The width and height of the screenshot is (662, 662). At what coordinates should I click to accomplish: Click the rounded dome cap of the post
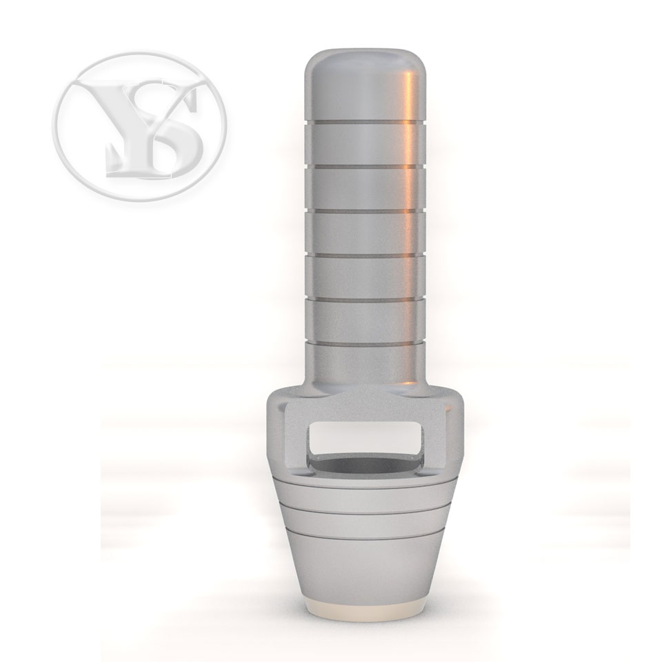tap(365, 84)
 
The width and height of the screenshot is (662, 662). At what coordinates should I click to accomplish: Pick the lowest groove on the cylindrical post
tap(365, 344)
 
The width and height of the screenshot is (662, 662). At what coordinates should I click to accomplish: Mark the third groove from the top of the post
tap(365, 210)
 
